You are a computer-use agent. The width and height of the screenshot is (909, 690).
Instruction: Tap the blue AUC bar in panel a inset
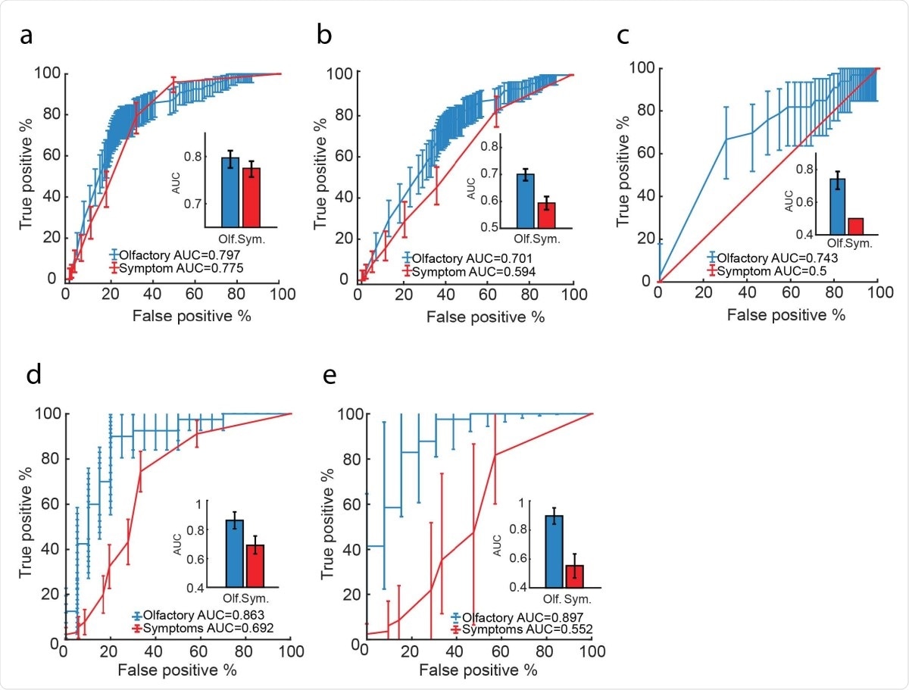230,192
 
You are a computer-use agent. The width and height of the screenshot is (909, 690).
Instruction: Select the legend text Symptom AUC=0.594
470,270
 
